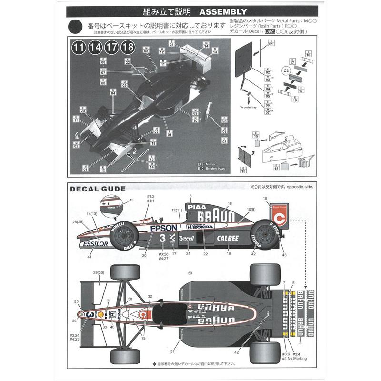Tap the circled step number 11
click(x=79, y=47)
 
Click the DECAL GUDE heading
click(x=98, y=189)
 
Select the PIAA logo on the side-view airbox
click(x=193, y=207)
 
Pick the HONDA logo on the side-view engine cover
click(x=203, y=227)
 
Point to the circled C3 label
click(x=287, y=71)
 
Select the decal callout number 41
click(x=89, y=257)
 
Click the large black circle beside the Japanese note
click(x=77, y=27)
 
